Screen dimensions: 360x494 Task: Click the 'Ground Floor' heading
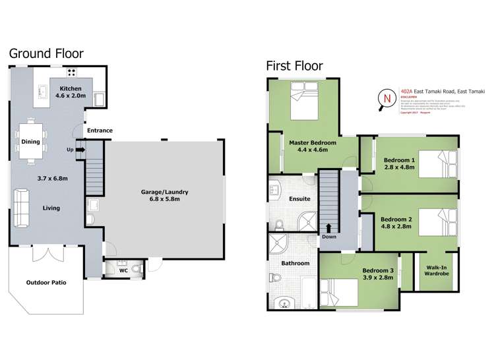coord(46,54)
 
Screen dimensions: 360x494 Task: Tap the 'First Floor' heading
coord(295,65)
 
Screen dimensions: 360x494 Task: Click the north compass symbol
coord(387,98)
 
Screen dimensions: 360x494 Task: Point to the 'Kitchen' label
coord(71,88)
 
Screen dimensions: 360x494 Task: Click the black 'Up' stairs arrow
coord(80,150)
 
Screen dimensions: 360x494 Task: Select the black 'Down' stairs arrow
coord(328,229)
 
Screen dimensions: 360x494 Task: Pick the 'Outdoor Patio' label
coord(46,282)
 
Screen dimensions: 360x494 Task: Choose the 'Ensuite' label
coord(299,198)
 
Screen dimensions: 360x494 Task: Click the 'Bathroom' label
coord(295,263)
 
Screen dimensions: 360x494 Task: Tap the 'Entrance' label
coord(99,131)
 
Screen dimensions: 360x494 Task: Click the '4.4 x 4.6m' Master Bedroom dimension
coord(313,150)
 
